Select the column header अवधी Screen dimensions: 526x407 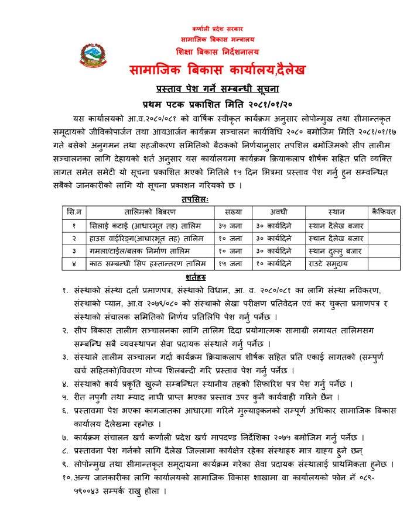point(278,211)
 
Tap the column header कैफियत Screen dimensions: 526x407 point(384,211)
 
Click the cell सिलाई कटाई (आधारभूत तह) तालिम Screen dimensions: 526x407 point(143,225)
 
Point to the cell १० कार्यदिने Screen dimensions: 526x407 point(278,264)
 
